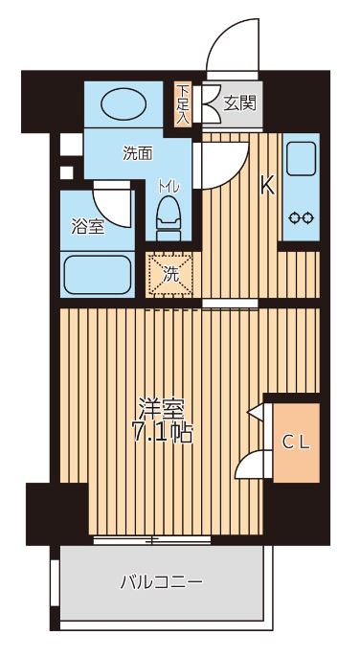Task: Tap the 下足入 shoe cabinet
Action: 183,103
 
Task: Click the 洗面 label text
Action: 137,152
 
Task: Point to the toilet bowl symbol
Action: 169,216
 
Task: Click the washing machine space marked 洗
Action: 169,272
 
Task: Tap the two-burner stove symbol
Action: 301,216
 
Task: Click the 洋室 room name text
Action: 162,406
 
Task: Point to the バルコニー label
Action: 161,581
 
